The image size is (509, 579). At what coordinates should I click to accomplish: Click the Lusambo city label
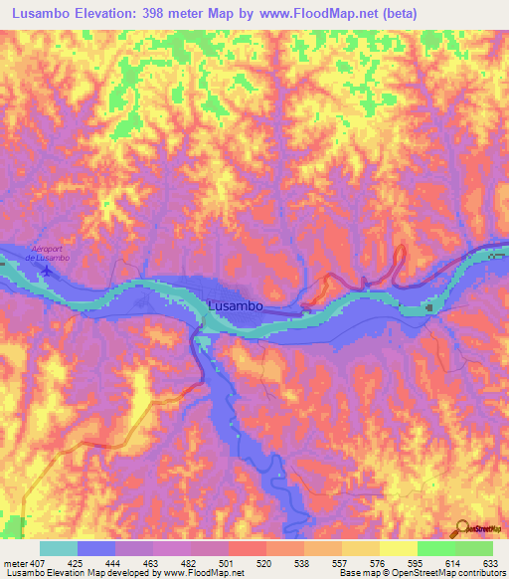click(x=236, y=306)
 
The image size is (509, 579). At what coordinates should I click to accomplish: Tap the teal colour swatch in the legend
click(x=59, y=548)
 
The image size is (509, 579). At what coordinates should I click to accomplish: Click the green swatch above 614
click(x=436, y=548)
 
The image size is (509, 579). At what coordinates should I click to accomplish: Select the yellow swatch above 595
click(x=399, y=548)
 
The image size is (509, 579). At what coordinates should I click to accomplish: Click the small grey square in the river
click(x=429, y=307)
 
